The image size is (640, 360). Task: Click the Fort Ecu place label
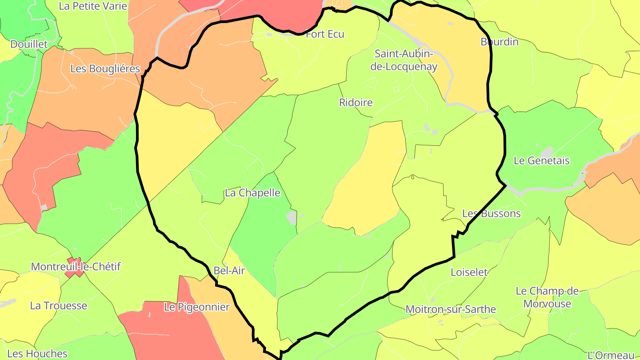(x=325, y=34)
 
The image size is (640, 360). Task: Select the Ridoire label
(x=356, y=103)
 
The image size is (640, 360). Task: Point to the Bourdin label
(x=500, y=42)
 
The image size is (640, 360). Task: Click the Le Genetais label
(x=541, y=161)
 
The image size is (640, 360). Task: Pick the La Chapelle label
(x=252, y=193)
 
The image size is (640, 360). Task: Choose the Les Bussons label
(x=491, y=214)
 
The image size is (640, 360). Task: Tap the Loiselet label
(x=469, y=272)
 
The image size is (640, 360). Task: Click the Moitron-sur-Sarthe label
(x=451, y=309)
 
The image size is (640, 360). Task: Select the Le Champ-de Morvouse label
(x=547, y=298)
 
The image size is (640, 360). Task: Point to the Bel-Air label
(x=229, y=271)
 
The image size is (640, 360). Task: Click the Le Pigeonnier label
(x=197, y=307)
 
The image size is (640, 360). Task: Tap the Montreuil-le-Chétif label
(x=76, y=267)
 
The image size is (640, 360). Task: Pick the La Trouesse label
(x=59, y=306)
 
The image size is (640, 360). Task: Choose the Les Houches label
(x=37, y=354)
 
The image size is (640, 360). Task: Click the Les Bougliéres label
(x=105, y=69)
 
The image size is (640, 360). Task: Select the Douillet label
(x=29, y=44)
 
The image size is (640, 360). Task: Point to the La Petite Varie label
(x=93, y=6)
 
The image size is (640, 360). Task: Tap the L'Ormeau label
(x=611, y=355)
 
